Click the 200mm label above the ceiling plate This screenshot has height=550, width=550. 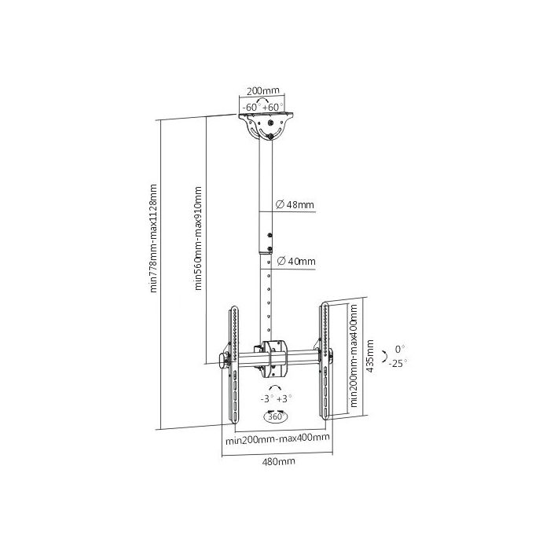coord(263,90)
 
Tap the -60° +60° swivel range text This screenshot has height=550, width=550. coord(262,108)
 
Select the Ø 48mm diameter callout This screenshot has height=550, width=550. coord(295,204)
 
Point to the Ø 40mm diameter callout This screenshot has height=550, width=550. coord(296,262)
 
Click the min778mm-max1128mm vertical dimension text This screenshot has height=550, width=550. coord(153,238)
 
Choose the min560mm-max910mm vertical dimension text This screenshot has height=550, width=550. coord(198,238)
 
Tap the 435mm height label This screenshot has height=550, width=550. coord(370,356)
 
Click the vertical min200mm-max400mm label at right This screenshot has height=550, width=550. coord(354,355)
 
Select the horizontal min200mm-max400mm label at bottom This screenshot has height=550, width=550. coord(277,438)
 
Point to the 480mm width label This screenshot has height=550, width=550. coord(278,461)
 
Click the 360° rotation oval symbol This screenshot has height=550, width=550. coord(275,416)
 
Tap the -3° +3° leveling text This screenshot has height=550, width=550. coord(276,399)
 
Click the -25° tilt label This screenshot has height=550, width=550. coord(398,363)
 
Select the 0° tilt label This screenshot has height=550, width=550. coord(400,349)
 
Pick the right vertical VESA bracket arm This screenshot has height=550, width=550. coord(324,361)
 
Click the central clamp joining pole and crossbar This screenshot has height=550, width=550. coord(275,358)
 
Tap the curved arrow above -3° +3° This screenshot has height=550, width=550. coord(275,387)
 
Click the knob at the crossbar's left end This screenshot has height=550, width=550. coord(223,361)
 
